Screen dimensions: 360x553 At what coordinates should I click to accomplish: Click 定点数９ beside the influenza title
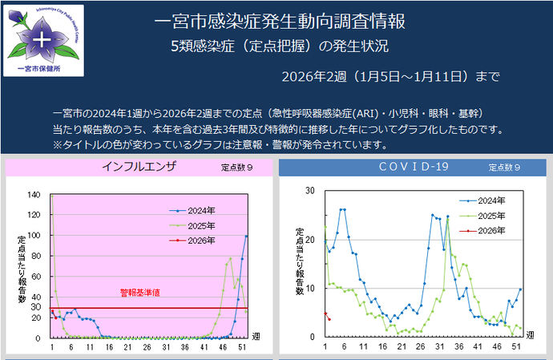238,168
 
